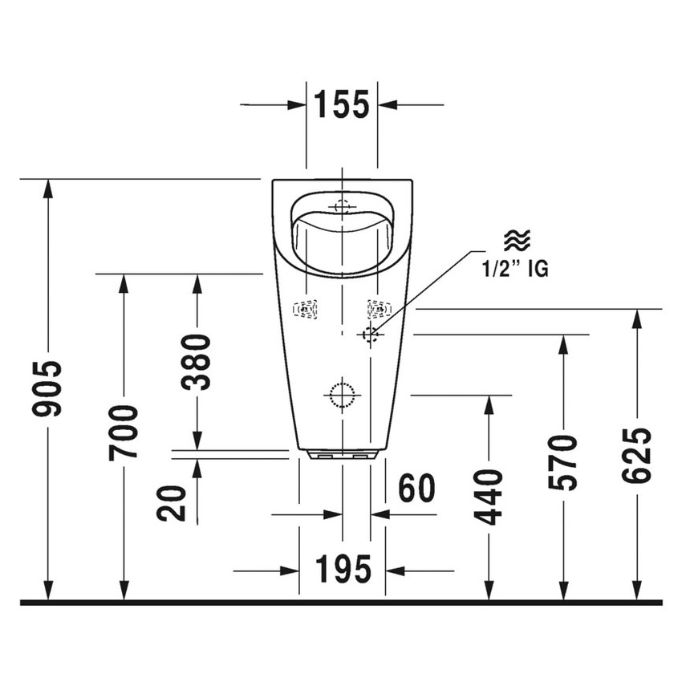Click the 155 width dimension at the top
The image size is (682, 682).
pyautogui.click(x=341, y=104)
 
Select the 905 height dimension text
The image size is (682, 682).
pyautogui.click(x=49, y=389)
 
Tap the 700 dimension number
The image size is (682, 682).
pyautogui.click(x=124, y=433)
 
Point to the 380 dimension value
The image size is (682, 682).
pyautogui.click(x=197, y=361)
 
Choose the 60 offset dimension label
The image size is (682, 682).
pyautogui.click(x=416, y=489)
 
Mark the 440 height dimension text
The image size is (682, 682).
pyautogui.click(x=489, y=497)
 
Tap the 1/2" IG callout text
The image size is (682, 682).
pyautogui.click(x=515, y=270)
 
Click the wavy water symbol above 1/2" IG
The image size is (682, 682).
pyautogui.click(x=516, y=240)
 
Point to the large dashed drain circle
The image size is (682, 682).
pyautogui.click(x=343, y=394)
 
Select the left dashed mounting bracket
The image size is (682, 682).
pyautogui.click(x=306, y=309)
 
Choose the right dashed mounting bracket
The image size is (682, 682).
pyautogui.click(x=378, y=308)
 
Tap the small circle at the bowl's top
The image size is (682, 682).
pyautogui.click(x=343, y=205)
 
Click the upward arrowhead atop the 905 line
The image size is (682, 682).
pyautogui.click(x=49, y=188)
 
